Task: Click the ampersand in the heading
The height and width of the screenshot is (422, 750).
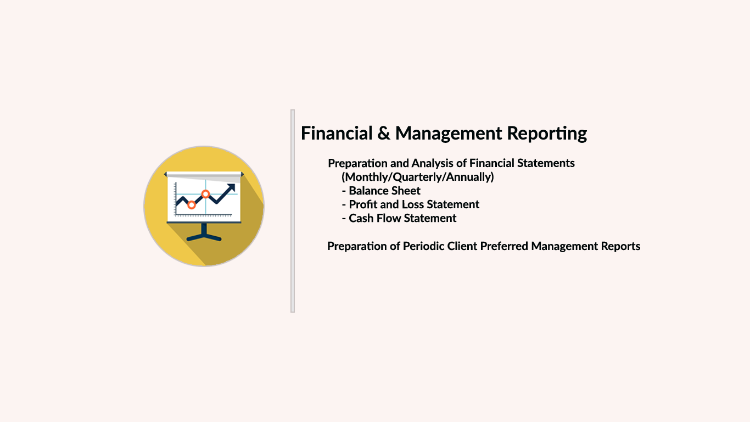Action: coord(384,133)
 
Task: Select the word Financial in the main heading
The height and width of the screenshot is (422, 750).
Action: coord(337,133)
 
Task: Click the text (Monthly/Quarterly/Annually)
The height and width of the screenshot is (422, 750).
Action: coord(417,176)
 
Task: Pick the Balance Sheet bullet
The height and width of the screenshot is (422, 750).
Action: coord(381,191)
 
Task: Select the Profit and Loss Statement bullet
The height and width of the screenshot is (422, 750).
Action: coord(411,204)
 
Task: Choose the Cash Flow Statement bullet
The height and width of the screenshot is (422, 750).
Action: coord(399,218)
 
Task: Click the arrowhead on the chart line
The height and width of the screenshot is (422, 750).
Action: coord(231,188)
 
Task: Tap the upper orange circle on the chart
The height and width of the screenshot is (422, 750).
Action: coord(205,194)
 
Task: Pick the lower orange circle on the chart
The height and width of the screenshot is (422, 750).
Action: coord(192,205)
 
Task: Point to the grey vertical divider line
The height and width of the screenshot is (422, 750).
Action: coord(293,211)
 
